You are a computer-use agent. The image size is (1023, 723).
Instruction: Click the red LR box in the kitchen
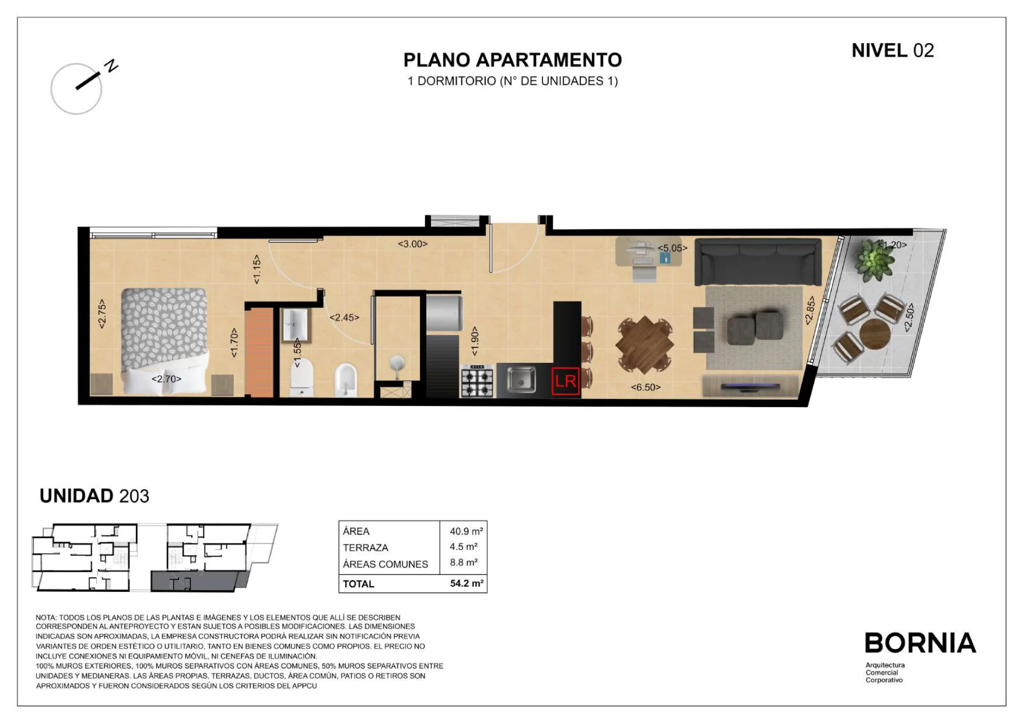coord(565,381)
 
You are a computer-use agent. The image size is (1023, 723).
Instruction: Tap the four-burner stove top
coord(477,381)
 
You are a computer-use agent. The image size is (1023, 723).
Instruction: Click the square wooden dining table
coord(645,344)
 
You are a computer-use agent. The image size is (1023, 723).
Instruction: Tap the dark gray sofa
coord(758,262)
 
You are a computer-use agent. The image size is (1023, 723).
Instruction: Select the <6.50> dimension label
coord(646,387)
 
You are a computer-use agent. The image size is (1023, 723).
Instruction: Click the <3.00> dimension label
coord(413,244)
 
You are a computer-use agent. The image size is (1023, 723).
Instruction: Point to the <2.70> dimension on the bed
coord(167,379)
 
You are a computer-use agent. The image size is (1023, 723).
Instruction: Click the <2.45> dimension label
coord(344,318)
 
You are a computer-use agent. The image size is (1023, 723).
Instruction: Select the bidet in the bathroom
coord(346,380)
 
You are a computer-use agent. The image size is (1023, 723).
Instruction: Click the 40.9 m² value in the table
coord(466,531)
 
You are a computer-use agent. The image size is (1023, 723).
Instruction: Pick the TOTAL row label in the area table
coord(359,584)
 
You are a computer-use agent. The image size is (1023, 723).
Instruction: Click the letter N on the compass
coord(111,66)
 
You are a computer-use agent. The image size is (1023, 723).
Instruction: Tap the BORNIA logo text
coord(920,643)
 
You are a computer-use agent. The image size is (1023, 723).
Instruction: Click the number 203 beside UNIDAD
coord(134,496)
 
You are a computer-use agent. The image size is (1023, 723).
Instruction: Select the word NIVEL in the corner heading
coord(880,51)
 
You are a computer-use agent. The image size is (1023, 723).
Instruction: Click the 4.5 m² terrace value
coord(464,547)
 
